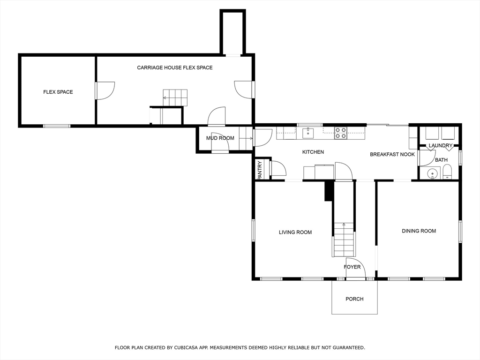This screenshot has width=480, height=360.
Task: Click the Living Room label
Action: (295, 232)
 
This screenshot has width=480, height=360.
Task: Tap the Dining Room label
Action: (419, 231)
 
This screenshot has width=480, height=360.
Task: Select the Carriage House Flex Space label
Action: (174, 67)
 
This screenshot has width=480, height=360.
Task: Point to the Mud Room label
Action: (220, 138)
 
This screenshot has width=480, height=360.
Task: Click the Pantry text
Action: (260, 170)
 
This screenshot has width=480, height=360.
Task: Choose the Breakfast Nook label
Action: (392, 154)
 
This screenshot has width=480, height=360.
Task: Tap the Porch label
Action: (354, 299)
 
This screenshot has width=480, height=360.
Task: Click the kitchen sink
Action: (308, 133)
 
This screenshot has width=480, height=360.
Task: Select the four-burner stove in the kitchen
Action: (340, 133)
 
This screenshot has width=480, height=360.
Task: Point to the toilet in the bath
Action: (447, 172)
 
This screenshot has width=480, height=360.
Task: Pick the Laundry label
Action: (441, 145)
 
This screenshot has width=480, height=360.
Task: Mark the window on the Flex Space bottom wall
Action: (57, 126)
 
